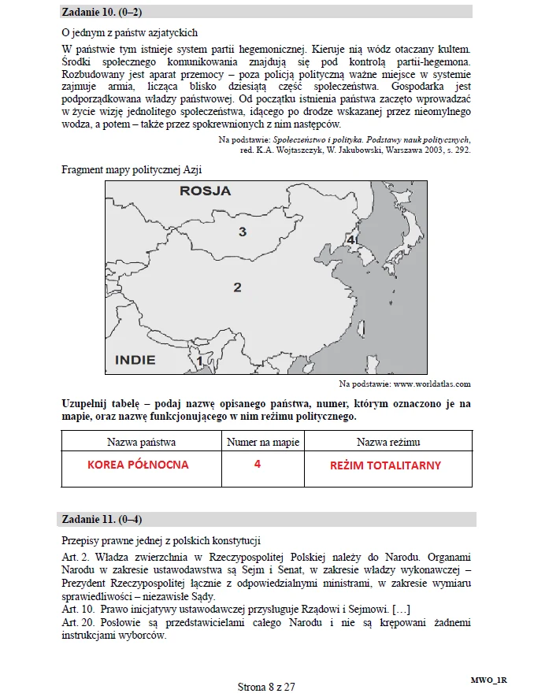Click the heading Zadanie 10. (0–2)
(x=102, y=12)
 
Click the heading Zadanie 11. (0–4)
(x=102, y=519)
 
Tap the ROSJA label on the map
(x=206, y=191)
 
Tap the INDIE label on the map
(x=135, y=360)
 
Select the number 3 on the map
(x=243, y=232)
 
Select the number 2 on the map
(x=237, y=287)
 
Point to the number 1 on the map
(x=200, y=361)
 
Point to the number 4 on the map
(x=350, y=239)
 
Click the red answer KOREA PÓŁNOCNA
(x=139, y=465)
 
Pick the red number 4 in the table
(x=258, y=464)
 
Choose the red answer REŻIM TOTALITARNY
(x=385, y=465)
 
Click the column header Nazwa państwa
(x=141, y=442)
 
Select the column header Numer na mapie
(x=263, y=442)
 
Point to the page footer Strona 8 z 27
(x=266, y=687)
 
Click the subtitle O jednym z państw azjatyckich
(x=129, y=33)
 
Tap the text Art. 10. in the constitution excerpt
(x=80, y=610)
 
